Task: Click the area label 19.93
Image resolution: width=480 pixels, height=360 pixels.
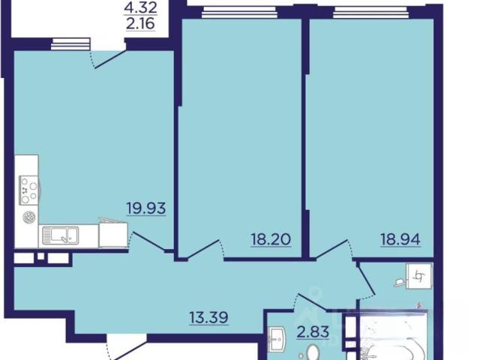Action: [x=146, y=208]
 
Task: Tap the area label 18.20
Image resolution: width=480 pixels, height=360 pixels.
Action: [x=271, y=239]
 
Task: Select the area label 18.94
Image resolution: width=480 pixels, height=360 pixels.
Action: [x=400, y=239]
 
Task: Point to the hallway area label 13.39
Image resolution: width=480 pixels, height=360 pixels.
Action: [x=208, y=317]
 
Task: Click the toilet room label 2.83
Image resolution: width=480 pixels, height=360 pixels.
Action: [x=313, y=331]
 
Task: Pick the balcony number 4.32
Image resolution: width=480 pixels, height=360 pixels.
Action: [x=140, y=7]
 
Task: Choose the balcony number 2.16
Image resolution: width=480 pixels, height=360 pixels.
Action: [x=140, y=23]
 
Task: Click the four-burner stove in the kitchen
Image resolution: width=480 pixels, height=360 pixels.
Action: [x=28, y=190]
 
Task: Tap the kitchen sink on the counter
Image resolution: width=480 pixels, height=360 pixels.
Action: [x=60, y=235]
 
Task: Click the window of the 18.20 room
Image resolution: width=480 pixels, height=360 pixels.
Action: [x=240, y=13]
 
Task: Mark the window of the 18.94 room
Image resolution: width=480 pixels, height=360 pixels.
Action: [x=370, y=13]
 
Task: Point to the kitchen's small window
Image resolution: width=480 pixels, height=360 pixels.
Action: [x=70, y=43]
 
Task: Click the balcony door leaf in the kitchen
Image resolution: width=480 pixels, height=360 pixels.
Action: [x=110, y=59]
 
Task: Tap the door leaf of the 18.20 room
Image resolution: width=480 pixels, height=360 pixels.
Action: [x=203, y=250]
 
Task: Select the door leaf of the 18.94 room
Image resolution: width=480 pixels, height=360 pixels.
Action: [x=331, y=249]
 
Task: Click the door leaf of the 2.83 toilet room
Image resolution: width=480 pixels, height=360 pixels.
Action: [x=313, y=302]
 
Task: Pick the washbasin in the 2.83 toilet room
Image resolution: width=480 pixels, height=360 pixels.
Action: [x=277, y=339]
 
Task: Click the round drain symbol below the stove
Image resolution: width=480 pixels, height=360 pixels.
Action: [x=28, y=217]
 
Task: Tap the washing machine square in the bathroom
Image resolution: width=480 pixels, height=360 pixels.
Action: [x=419, y=276]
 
